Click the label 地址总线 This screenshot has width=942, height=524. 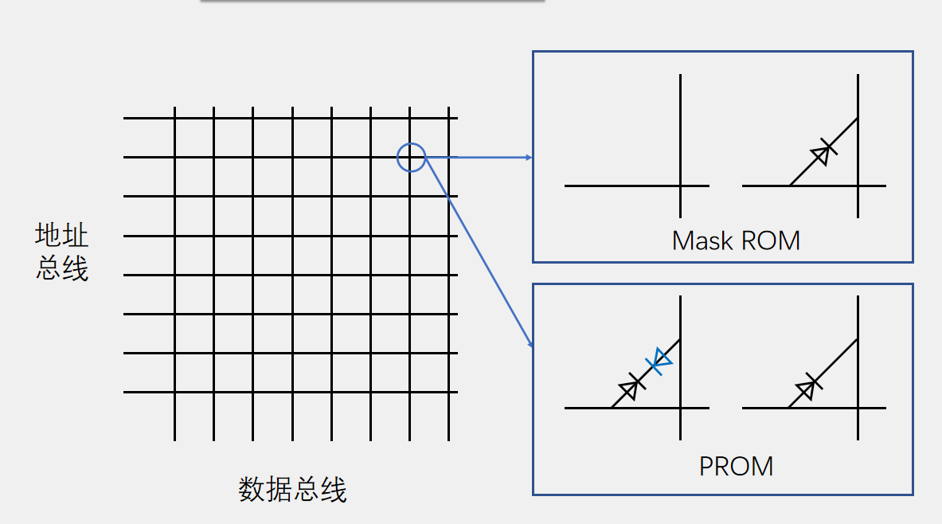[x=62, y=252]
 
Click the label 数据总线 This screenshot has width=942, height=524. [x=292, y=489]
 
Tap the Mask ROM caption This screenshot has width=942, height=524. [x=736, y=240]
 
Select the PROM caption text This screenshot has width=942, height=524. [x=736, y=466]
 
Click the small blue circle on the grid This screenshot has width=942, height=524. [x=411, y=157]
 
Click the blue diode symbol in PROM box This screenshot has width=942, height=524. [x=659, y=362]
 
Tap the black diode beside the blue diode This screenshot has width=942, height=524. [x=631, y=387]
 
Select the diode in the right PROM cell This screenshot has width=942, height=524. [x=807, y=388]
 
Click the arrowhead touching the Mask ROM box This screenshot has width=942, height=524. [x=527, y=158]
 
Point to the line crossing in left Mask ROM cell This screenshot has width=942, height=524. [x=680, y=186]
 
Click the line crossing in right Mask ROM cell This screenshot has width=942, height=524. [x=858, y=186]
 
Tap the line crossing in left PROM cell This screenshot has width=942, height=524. [x=680, y=409]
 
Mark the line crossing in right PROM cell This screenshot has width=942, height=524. [x=858, y=409]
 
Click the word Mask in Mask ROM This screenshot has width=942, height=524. [x=702, y=240]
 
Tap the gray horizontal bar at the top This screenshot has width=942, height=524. [x=372, y=1]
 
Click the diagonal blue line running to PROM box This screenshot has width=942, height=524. [x=478, y=251]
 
